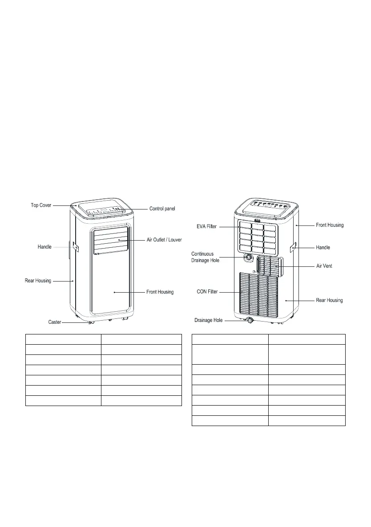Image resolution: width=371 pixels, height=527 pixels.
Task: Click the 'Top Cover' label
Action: coord(41,205)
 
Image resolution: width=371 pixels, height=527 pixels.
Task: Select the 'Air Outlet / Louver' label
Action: coord(164,240)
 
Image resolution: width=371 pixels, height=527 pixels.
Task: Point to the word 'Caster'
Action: coord(55,322)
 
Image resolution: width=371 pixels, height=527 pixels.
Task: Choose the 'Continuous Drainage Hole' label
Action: coord(206,257)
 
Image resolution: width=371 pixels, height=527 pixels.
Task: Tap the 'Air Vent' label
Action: coord(324,266)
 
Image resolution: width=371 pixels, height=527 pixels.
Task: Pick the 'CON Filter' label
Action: coord(206,292)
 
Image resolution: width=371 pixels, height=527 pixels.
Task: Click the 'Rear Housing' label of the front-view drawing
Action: coord(38,281)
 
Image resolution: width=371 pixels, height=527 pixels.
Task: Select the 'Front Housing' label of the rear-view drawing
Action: coord(329,225)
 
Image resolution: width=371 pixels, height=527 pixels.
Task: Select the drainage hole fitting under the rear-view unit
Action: coord(250,320)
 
